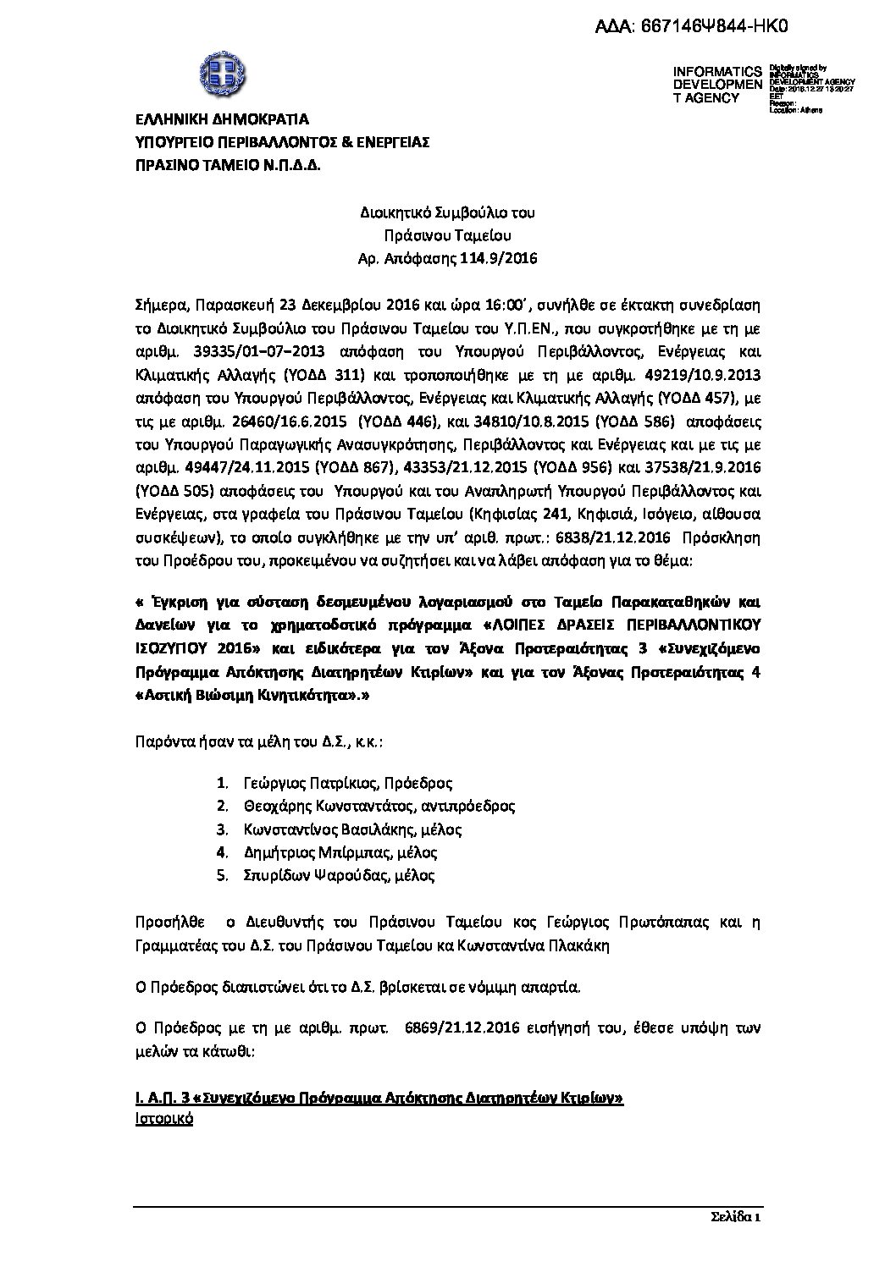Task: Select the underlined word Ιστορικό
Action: tap(164, 1118)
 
